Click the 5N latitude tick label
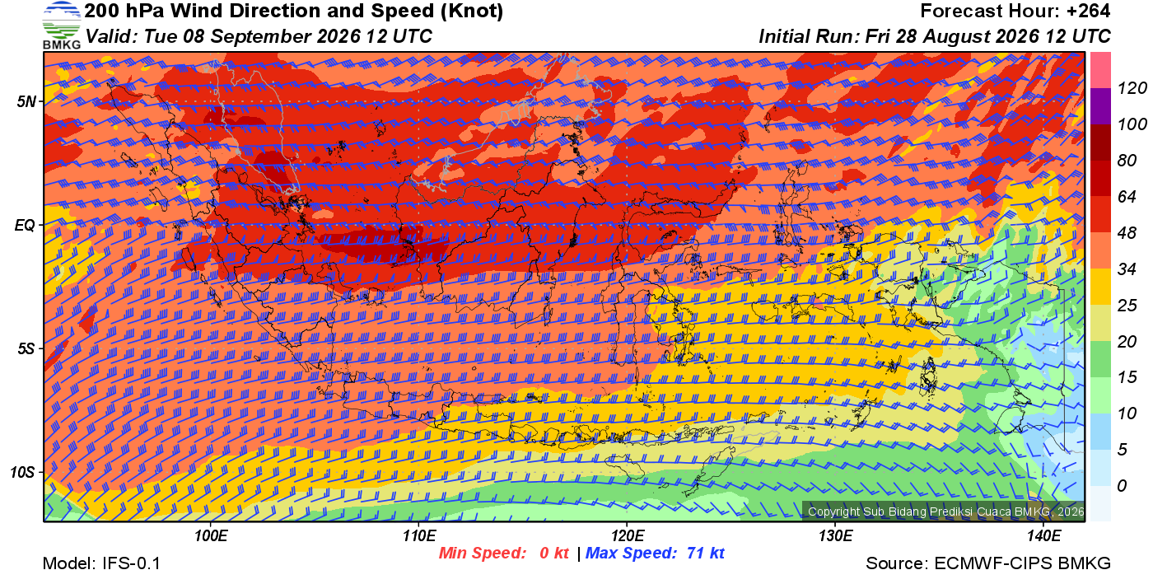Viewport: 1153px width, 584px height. point(26,101)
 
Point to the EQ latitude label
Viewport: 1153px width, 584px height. point(25,225)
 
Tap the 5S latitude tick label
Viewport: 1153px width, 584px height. point(26,348)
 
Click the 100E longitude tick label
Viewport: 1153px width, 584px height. point(211,535)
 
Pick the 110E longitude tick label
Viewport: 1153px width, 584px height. point(419,535)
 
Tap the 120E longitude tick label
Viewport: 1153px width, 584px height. point(627,535)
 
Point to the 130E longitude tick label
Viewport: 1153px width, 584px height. point(835,535)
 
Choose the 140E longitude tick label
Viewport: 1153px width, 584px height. point(1043,535)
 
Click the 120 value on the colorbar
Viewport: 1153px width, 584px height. point(1132,88)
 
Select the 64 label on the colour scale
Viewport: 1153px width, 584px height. point(1127,196)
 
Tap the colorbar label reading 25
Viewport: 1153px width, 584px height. point(1127,305)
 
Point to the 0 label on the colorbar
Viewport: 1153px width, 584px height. point(1122,485)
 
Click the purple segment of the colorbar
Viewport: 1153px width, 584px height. point(1100,106)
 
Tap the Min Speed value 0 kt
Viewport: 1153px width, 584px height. point(553,553)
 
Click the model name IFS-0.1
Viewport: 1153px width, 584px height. point(131,563)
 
